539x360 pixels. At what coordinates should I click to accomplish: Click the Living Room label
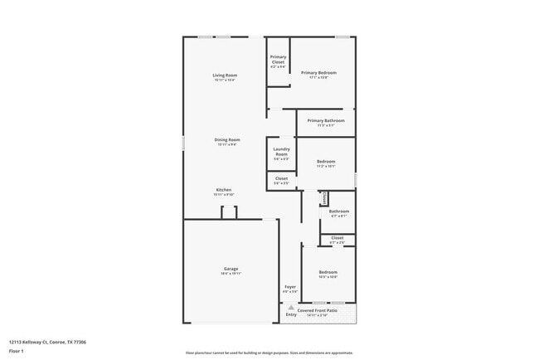pos(226,75)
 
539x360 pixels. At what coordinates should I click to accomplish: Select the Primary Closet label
pos(278,59)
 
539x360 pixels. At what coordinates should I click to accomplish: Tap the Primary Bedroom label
pos(319,73)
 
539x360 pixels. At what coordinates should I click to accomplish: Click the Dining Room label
pos(228,140)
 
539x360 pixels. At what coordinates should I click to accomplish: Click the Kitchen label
pos(224,190)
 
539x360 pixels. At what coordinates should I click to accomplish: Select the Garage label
pos(231,269)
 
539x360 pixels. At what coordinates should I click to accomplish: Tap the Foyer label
pos(290,287)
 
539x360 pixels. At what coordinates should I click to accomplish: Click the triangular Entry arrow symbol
pos(291,307)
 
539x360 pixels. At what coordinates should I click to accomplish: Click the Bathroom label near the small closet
pos(338,212)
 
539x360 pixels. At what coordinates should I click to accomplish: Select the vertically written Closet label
pos(324,197)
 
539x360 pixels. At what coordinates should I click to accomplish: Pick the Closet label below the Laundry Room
pos(281,178)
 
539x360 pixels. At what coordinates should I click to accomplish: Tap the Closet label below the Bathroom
pos(337,238)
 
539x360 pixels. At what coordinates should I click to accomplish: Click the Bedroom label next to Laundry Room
pos(326,161)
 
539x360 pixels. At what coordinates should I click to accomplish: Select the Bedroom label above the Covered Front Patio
pos(328,272)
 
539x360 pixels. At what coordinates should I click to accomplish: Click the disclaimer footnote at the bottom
pos(269,352)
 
